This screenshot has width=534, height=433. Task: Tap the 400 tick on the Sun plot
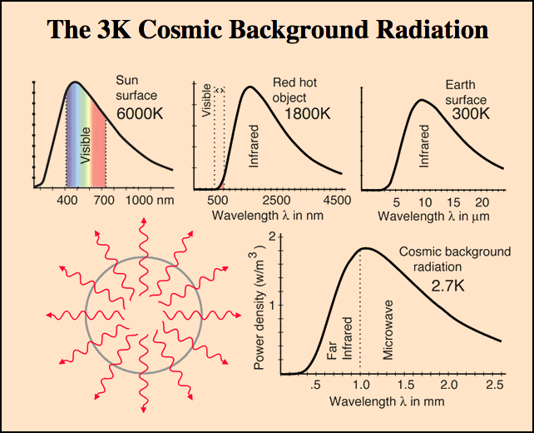tap(67, 201)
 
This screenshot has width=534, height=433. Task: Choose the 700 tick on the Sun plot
tap(105, 201)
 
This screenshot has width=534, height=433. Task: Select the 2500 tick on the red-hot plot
tap(276, 201)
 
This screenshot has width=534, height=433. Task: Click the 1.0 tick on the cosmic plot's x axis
tap(360, 386)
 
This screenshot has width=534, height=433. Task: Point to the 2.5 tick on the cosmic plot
tap(492, 386)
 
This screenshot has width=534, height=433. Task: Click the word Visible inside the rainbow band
tap(85, 144)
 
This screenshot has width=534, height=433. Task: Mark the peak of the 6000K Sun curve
tap(75, 82)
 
